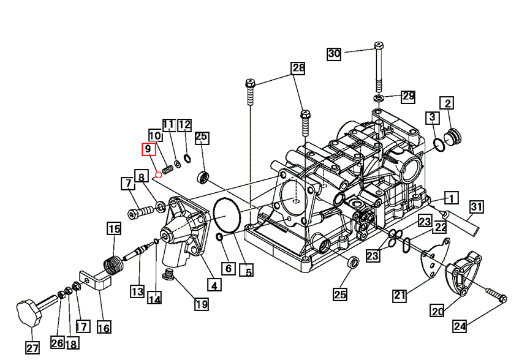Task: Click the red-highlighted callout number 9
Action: [148, 149]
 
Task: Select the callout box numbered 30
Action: [334, 54]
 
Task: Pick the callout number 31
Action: [477, 208]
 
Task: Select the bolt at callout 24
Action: [495, 296]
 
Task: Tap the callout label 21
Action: [399, 296]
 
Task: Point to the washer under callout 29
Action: [379, 98]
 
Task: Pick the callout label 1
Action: [451, 198]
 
